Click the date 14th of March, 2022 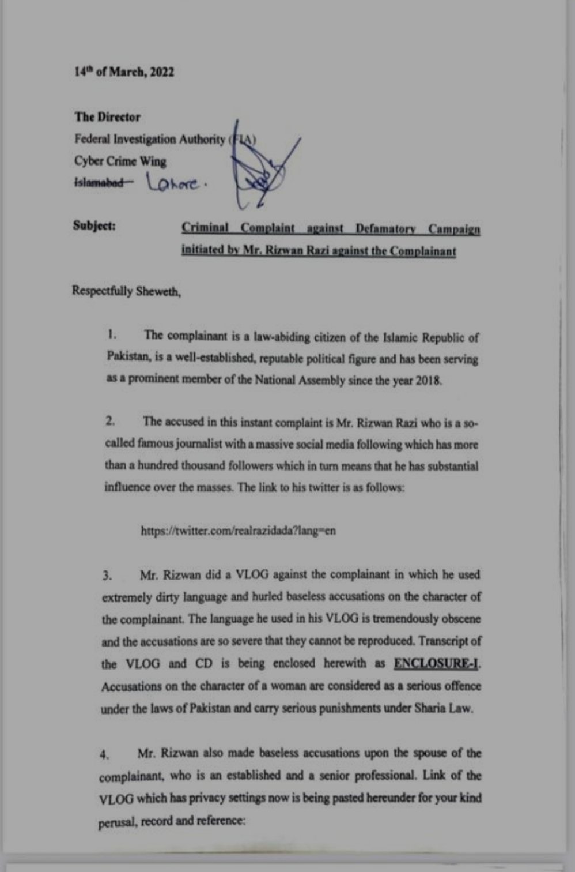pos(124,73)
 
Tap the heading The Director pos(107,117)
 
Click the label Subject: pos(94,225)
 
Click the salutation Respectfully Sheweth pos(126,291)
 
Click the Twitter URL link pos(238,531)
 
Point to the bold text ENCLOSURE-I pos(436,663)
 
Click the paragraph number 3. pos(107,576)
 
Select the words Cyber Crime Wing pos(120,161)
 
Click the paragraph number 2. pos(109,421)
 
